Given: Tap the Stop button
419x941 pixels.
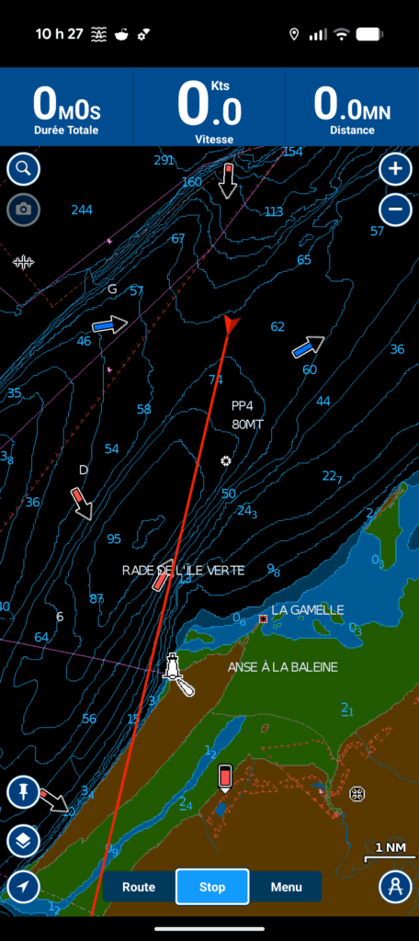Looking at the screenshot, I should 212,887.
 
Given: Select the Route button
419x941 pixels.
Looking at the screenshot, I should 139,887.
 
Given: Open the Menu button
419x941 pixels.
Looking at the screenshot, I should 286,887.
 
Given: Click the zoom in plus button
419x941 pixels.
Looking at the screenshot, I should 395,169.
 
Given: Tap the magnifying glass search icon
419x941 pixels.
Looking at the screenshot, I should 24,169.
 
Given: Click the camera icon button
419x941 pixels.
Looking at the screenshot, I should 24,210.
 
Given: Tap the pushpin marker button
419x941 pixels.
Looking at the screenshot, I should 23,791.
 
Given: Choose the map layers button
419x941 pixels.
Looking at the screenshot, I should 23,840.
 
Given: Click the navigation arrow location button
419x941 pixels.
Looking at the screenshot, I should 23,887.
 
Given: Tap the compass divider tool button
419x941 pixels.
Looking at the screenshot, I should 395,887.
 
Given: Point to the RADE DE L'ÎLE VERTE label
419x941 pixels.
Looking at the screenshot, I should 184,571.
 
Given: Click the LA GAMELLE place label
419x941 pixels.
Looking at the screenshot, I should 307,610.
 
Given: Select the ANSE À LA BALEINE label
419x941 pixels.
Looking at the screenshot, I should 282,667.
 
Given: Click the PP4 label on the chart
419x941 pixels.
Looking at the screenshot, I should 242,405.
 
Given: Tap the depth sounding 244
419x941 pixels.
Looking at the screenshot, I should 82,210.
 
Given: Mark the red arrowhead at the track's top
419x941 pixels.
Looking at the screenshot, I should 230,323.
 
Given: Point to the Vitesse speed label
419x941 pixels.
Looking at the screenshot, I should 214,140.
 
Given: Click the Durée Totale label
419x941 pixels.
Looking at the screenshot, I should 67,130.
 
